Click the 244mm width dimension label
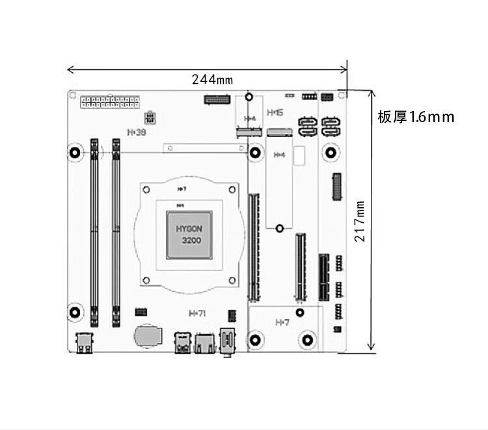pos(212,80)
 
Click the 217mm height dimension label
pos(360,221)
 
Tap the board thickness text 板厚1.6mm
pos(416,118)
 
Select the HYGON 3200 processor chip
pos(190,234)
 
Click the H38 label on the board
pos(137,132)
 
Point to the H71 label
pos(197,313)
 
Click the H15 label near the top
pos(275,112)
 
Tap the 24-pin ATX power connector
pos(110,103)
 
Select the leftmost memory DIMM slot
pos(94,231)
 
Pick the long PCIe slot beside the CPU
pos(252,246)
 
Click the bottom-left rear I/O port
pos(85,342)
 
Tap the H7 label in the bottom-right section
pos(282,322)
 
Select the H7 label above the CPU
pos(182,189)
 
